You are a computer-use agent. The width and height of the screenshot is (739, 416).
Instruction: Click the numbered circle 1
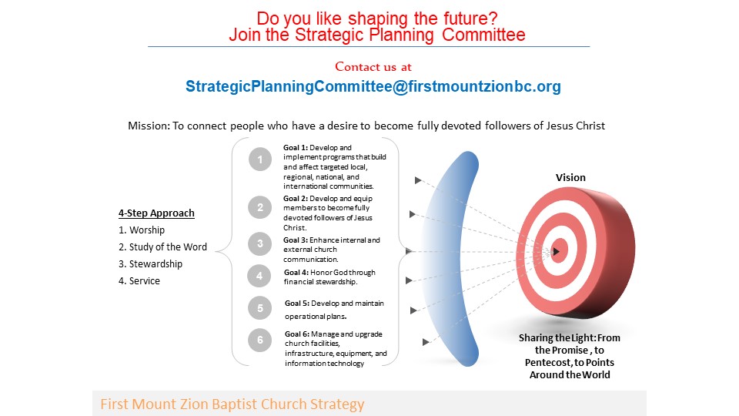click(x=259, y=159)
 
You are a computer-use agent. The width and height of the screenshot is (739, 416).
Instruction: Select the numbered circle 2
click(x=259, y=207)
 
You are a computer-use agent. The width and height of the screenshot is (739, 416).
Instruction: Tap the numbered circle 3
click(x=259, y=244)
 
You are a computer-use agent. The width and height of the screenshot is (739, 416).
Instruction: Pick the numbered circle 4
click(x=259, y=276)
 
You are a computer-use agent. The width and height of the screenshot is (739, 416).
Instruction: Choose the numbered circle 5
click(x=259, y=308)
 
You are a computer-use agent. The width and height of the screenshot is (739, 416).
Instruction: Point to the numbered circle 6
click(x=259, y=340)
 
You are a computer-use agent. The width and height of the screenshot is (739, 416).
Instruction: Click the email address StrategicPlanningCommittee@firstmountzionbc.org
click(x=373, y=86)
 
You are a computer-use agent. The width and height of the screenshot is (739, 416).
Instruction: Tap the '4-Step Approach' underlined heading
click(x=156, y=213)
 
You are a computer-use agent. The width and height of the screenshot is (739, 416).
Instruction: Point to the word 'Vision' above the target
click(x=570, y=178)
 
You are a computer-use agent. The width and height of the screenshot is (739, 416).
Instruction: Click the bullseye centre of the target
click(x=556, y=251)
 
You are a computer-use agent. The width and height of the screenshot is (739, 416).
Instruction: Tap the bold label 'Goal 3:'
click(x=296, y=240)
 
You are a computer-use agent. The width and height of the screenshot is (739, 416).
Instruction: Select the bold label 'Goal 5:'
click(x=297, y=304)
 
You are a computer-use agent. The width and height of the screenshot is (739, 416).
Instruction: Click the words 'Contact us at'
click(x=373, y=67)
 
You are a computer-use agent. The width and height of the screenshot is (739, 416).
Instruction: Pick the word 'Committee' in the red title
click(x=483, y=35)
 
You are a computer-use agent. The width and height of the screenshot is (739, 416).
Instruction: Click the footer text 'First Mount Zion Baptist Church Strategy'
click(x=232, y=404)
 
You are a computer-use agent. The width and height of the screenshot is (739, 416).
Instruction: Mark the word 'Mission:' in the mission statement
click(x=149, y=126)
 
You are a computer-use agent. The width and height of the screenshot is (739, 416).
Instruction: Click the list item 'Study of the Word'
click(x=162, y=247)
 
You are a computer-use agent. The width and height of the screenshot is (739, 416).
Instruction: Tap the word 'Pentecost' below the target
click(x=547, y=363)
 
